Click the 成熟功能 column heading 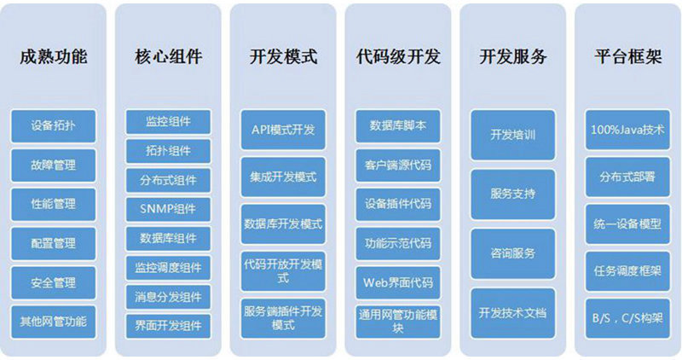54,56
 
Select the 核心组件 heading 168,56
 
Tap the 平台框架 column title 628,56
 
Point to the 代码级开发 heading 398,56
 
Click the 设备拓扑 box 54,126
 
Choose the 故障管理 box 54,165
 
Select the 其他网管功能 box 54,322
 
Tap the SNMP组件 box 168,209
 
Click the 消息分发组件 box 168,298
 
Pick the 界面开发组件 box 168,327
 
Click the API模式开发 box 283,130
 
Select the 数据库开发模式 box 283,224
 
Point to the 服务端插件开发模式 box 283,319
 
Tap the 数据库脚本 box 398,126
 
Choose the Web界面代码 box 398,283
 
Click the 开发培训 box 513,135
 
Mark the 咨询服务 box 513,253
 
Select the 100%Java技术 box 627,130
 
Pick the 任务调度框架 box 627,271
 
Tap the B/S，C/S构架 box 627,319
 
